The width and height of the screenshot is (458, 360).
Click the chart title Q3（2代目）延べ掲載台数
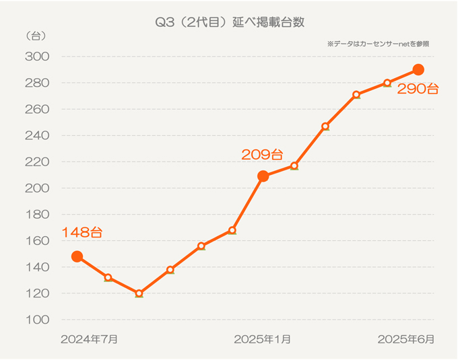[230, 22]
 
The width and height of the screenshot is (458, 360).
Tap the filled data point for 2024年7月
[77, 256]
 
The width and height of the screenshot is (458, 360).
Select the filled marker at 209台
[263, 176]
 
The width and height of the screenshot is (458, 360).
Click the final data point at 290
[418, 69]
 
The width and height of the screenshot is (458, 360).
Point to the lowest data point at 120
[139, 293]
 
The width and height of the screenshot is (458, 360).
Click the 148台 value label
[82, 233]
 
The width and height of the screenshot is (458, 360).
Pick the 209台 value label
[262, 155]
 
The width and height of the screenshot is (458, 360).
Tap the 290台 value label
[418, 89]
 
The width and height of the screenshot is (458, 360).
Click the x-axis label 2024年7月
[89, 339]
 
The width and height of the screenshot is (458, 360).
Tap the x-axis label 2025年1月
[263, 339]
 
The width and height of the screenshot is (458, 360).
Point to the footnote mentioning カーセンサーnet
[379, 44]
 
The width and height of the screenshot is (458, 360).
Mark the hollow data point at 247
[325, 126]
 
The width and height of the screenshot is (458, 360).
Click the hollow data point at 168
[232, 230]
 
